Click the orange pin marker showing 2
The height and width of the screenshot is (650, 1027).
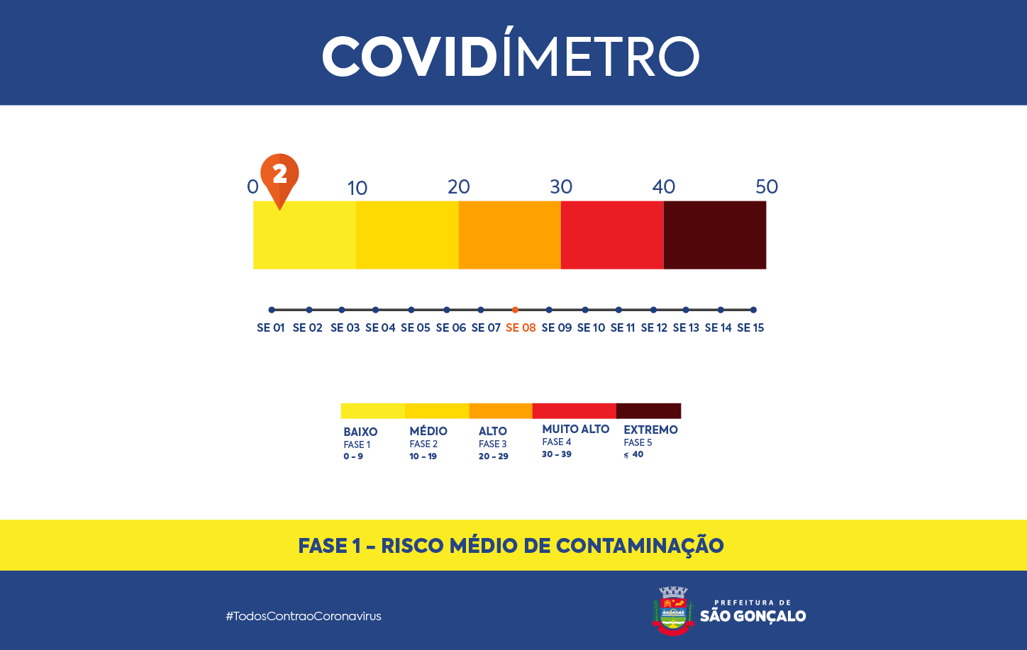coord(279,175)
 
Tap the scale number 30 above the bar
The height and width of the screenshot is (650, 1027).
coord(560,186)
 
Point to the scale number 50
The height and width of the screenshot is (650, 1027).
coord(766,186)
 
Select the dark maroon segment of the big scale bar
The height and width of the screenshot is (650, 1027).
coord(714,235)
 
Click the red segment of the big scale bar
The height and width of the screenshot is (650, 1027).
coord(612,235)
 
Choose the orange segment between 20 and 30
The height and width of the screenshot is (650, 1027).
coord(509,235)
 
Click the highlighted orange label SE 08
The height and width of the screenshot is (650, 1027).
coord(521,327)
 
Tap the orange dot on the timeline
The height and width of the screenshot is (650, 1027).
coord(515,310)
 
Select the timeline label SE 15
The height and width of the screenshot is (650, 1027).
coord(750,327)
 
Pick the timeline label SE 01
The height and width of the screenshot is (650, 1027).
coord(270,327)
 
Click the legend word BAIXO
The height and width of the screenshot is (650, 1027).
coord(360,432)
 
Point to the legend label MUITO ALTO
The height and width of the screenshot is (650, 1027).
coord(575,429)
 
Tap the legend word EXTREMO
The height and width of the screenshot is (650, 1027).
coord(650,430)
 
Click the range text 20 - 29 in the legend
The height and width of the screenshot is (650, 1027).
coord(493,456)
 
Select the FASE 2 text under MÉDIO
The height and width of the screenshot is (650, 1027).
coord(423,444)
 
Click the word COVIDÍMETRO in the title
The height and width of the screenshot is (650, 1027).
coord(511,56)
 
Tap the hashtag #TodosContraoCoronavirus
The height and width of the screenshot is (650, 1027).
coord(304,616)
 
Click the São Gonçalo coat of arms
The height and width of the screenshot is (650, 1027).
coord(672,610)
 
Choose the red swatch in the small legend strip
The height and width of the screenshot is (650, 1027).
coord(574,410)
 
